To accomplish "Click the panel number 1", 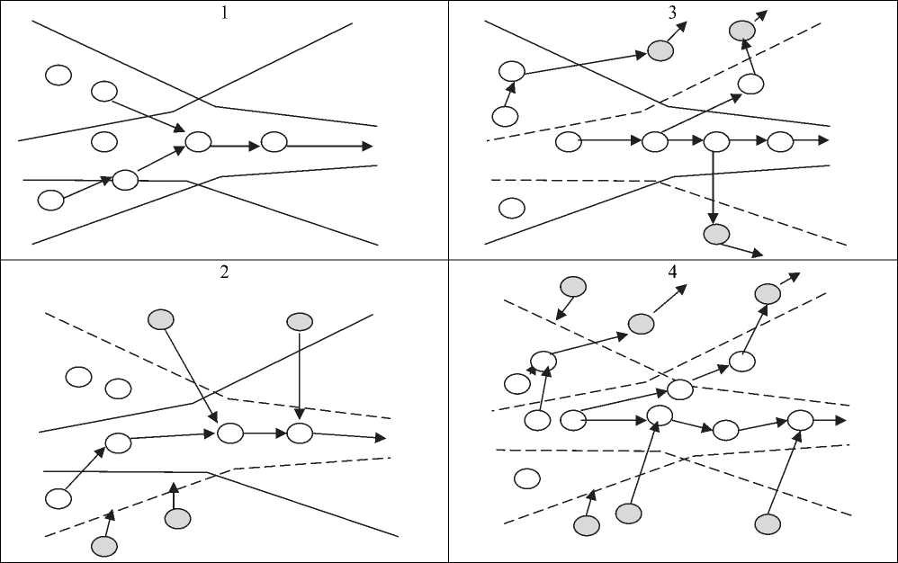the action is (x=224, y=12).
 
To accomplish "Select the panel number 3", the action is (x=672, y=12).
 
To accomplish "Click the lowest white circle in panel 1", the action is (x=51, y=200).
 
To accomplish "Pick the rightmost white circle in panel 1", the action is (x=274, y=141).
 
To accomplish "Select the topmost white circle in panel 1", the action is (x=58, y=75).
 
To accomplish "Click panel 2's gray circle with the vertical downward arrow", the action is (x=300, y=320).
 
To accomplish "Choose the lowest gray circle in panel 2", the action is (x=104, y=544).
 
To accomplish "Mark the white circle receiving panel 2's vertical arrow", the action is (x=300, y=433).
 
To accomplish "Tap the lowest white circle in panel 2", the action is (x=58, y=497).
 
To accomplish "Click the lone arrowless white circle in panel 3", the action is (x=511, y=209).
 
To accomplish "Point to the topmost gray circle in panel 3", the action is (x=741, y=31).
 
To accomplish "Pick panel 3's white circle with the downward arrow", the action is (x=715, y=141).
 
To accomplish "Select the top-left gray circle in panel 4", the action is (x=572, y=287).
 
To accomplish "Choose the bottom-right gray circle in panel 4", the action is (x=767, y=523).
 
